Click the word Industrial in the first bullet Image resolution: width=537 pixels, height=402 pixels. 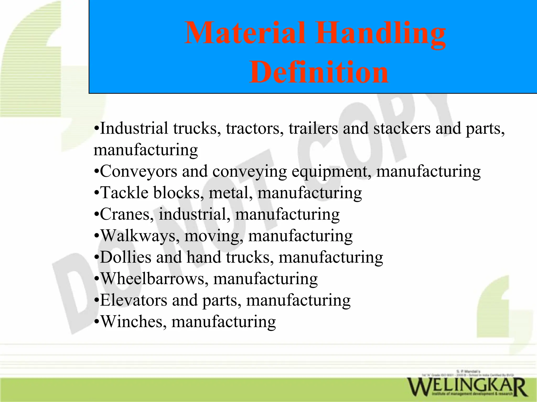[x=134, y=128]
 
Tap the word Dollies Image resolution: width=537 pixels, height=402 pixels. [x=126, y=257]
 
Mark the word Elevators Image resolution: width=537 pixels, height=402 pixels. [x=133, y=300]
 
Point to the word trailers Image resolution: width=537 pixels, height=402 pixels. [x=313, y=128]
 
